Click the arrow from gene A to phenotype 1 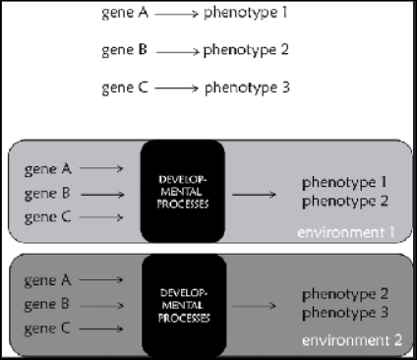point(173,15)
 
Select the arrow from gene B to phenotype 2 point(177,50)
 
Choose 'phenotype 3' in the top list point(247,87)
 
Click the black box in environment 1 point(183,192)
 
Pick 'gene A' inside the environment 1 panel point(47,169)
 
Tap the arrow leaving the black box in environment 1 point(252,193)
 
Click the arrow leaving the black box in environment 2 point(252,304)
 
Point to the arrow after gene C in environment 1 point(102,216)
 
